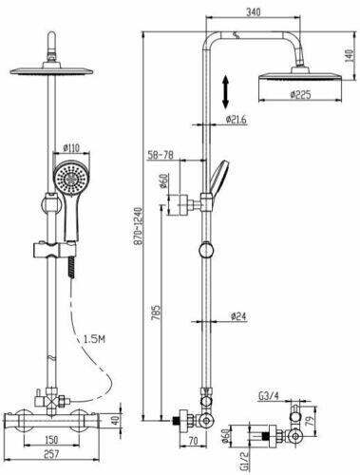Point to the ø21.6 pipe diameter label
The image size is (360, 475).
coord(238,120)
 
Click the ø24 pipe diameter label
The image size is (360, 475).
coord(237,317)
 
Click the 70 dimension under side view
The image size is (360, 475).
coord(193,442)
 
